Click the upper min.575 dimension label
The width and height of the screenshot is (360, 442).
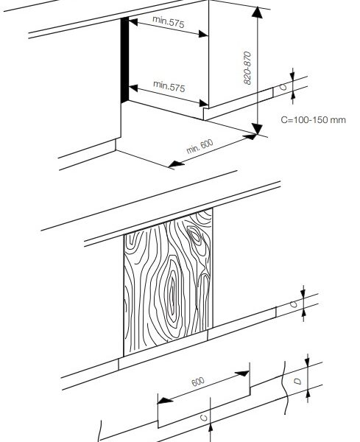click(x=169, y=24)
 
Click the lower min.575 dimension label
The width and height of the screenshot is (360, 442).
click(x=169, y=85)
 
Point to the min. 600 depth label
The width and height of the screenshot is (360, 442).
click(x=199, y=146)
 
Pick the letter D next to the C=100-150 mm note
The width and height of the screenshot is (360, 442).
click(x=283, y=88)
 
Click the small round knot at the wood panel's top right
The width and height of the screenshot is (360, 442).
click(x=194, y=236)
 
